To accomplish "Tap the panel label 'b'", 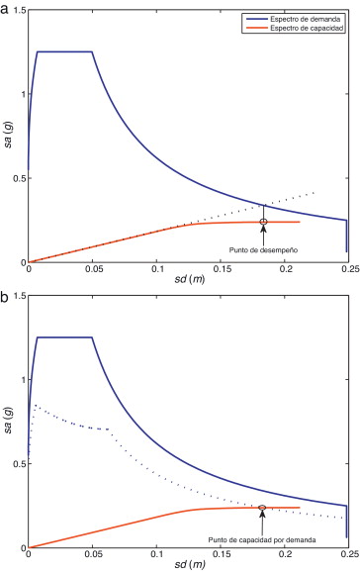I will [x=5, y=294].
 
